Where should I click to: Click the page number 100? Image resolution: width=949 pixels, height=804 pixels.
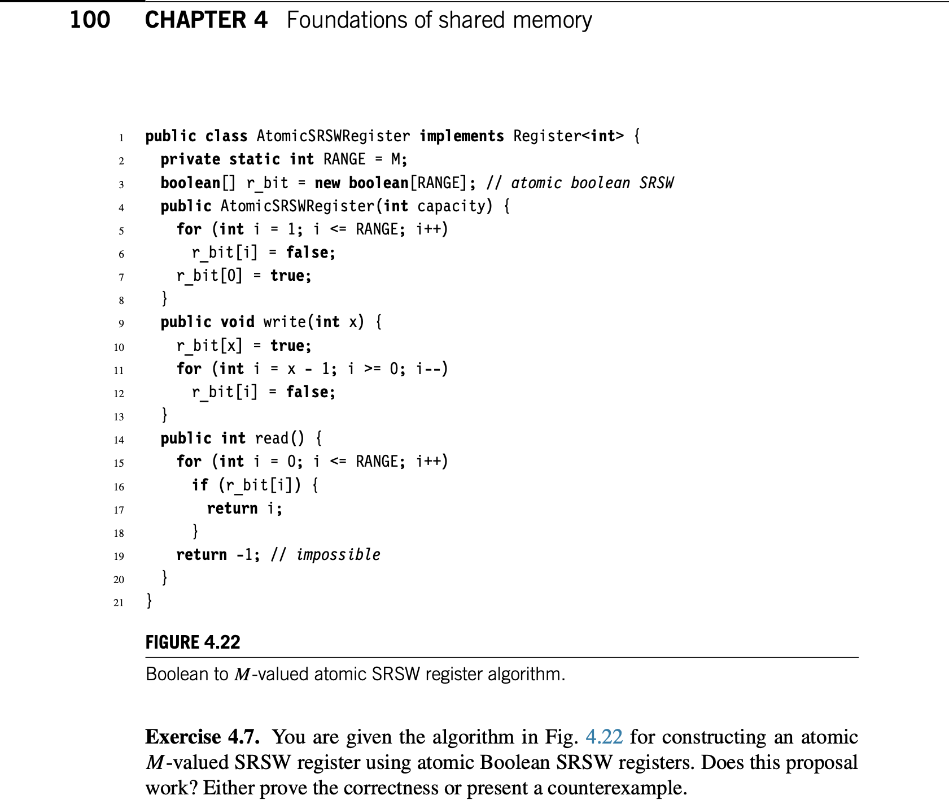(x=90, y=20)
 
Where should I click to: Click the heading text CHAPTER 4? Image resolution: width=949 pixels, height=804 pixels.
(x=206, y=20)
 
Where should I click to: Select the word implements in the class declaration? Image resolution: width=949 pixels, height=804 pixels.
(x=461, y=136)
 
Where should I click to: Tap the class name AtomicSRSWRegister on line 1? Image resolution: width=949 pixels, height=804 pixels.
(x=333, y=136)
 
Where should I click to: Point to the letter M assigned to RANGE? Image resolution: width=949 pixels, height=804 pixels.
(x=396, y=159)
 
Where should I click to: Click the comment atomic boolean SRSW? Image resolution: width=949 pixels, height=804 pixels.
(x=592, y=183)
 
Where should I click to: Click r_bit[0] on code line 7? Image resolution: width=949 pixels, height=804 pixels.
(x=209, y=276)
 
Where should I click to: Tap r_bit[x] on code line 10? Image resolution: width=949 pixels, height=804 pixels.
(x=209, y=345)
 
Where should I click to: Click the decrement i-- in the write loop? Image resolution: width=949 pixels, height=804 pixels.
(x=431, y=369)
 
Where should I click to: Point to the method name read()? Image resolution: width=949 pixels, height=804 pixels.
(x=279, y=438)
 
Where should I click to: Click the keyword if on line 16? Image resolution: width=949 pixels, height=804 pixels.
(x=200, y=485)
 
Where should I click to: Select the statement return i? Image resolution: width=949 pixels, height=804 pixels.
(x=244, y=509)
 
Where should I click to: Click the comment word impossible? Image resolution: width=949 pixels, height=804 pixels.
(x=338, y=555)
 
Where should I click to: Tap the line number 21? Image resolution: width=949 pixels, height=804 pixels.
(x=119, y=602)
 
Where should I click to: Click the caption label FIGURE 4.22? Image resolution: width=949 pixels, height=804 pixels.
(x=193, y=642)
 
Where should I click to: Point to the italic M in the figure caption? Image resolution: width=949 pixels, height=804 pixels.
(x=242, y=675)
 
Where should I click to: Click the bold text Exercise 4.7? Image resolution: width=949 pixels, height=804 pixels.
(x=202, y=737)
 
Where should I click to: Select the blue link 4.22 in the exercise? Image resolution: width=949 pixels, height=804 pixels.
(x=603, y=737)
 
